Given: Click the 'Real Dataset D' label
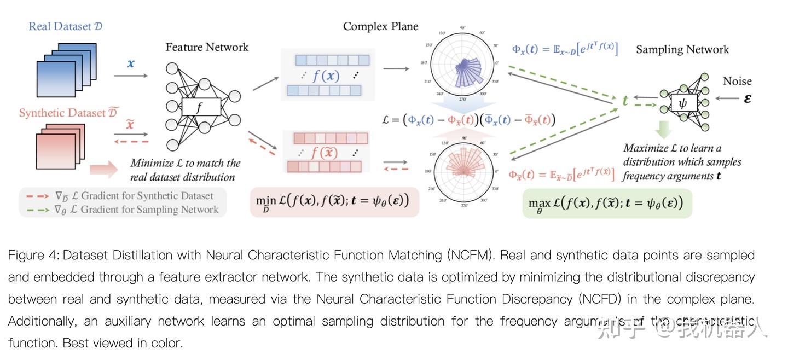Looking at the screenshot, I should (x=65, y=26).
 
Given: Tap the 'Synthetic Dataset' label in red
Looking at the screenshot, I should (x=68, y=113).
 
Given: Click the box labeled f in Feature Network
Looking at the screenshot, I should (x=200, y=107).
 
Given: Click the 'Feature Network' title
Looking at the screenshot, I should (x=207, y=47).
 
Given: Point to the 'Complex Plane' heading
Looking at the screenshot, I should (x=380, y=26).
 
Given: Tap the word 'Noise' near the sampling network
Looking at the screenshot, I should (x=737, y=81).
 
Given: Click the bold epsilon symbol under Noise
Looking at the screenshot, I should (x=747, y=99).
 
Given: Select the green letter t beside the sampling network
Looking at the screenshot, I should (x=624, y=101).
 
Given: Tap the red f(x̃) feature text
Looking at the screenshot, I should (x=325, y=153).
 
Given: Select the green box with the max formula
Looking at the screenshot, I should (x=606, y=203).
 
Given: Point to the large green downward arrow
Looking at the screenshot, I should (x=663, y=130).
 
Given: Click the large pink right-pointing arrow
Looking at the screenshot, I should (x=104, y=170).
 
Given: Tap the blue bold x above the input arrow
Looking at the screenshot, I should (x=130, y=63).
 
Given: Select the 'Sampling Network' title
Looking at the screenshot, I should (x=682, y=49).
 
